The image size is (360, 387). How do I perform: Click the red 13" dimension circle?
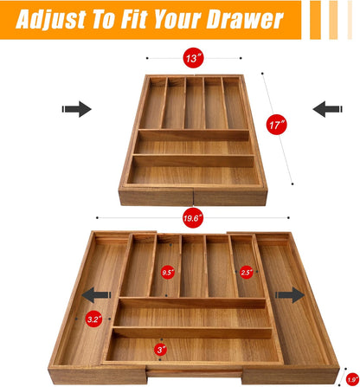193,58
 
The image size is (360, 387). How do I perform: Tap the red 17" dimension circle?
277,125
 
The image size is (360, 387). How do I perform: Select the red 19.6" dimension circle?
193,218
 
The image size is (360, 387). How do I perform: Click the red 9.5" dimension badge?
168,272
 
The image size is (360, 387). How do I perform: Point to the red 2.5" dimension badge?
246,272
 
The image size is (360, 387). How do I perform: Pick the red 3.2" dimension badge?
94,319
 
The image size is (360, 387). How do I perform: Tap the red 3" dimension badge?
160,350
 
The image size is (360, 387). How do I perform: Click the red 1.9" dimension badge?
352,379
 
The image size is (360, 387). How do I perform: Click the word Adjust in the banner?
51,19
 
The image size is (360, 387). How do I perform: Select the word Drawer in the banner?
245,19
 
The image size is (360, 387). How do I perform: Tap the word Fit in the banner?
136,19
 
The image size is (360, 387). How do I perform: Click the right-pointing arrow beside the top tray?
77,109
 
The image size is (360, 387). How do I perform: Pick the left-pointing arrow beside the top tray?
327,109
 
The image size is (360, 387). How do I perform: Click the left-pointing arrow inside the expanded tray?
96,295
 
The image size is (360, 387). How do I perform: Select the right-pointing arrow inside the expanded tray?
290,295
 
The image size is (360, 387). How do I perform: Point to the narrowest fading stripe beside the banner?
350,20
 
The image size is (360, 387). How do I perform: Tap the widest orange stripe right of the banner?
315,20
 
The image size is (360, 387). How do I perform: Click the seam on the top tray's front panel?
193,197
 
